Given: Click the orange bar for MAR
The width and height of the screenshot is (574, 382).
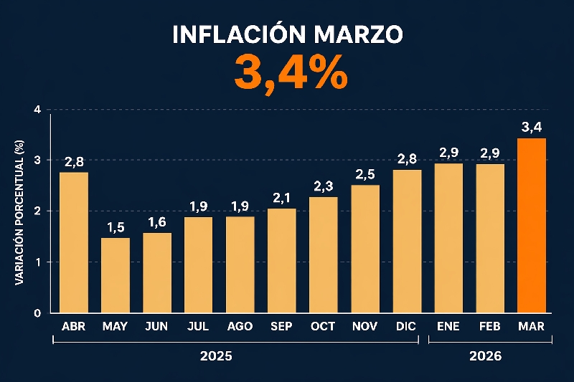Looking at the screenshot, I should coord(532,225).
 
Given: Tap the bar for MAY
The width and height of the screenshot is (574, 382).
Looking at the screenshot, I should coord(116,275).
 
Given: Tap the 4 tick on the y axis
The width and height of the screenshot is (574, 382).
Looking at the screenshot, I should coord(37,110).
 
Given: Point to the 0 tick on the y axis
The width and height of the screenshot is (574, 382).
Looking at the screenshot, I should coord(37,313).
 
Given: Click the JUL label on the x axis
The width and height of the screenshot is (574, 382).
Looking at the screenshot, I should coord(198,326).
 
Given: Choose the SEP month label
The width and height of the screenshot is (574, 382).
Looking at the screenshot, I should coord(281,326).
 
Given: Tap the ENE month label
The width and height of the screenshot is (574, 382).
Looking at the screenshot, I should coord(448,326).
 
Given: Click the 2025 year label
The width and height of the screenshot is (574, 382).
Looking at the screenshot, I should coord(216,355).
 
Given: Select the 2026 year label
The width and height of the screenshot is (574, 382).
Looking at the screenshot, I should coord(486,355).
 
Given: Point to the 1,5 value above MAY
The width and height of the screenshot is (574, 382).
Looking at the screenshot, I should coord(116,227).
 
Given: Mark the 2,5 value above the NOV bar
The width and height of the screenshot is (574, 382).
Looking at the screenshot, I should coord(366,174).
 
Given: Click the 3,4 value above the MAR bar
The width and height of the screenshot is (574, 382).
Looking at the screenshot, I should coord(532,128).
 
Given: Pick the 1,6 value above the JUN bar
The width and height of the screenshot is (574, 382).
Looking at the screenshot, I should coord(157,222).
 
